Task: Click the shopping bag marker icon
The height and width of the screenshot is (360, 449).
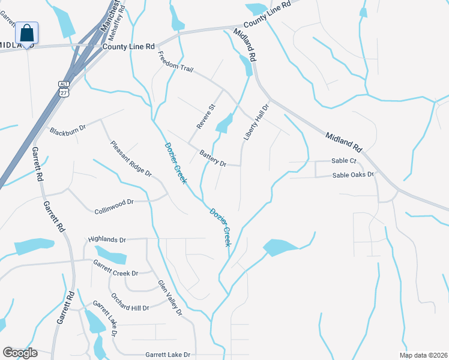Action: [26, 33]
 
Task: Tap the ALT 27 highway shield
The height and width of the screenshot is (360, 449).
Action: [64, 88]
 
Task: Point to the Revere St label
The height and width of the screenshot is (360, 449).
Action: [206, 116]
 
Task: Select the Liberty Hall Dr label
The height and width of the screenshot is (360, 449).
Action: [255, 121]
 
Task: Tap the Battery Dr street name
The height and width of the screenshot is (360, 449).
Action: [212, 158]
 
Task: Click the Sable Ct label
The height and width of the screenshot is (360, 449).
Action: [344, 161]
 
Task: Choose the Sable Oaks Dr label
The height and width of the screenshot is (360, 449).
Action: [354, 175]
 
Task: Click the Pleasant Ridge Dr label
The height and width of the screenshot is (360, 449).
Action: [131, 158]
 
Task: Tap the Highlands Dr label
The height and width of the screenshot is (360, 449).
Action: [107, 239]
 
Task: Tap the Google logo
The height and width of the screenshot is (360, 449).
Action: [19, 353]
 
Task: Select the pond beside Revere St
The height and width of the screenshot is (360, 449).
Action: [224, 124]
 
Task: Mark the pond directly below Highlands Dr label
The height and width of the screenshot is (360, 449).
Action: [112, 255]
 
